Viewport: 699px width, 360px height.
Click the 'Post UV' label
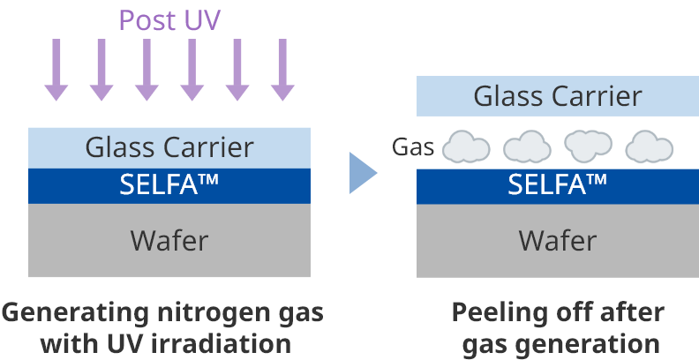(x=169, y=19)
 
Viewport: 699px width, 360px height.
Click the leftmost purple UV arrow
(x=56, y=70)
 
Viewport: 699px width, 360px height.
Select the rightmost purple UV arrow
(x=282, y=70)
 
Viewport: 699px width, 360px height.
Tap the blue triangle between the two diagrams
(x=362, y=172)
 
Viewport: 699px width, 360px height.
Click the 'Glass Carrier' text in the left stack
(x=169, y=147)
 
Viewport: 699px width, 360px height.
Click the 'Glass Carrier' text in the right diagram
(x=558, y=96)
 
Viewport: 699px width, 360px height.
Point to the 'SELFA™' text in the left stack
(x=169, y=185)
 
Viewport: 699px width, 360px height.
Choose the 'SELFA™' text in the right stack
(x=558, y=185)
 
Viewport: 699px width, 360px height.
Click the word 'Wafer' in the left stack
(x=169, y=240)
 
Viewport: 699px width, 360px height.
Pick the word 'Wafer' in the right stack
(x=558, y=240)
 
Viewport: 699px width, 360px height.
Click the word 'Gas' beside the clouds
(x=413, y=147)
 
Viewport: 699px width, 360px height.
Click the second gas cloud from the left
(x=527, y=147)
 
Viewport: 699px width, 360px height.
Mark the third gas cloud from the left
(x=588, y=146)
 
